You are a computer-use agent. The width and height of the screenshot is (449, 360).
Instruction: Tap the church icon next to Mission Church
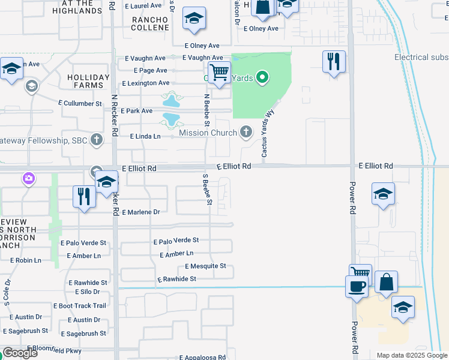(x=246, y=132)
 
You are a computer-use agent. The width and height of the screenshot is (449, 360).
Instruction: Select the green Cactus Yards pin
(x=262, y=77)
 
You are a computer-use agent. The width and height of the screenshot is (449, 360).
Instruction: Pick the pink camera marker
(x=28, y=178)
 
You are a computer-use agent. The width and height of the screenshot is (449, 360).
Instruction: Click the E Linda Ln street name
(x=145, y=137)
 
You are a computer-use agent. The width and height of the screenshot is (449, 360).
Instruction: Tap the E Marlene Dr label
(x=140, y=212)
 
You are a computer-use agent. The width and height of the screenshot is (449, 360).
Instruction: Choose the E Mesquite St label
(x=205, y=266)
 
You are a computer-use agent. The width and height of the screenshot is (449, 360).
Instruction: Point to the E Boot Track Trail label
(x=82, y=306)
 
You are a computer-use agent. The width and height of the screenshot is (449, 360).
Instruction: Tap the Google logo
(x=20, y=353)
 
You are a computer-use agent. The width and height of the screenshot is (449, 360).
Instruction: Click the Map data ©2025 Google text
(x=411, y=356)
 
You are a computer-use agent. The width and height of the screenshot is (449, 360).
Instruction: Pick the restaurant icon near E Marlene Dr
(x=83, y=196)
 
